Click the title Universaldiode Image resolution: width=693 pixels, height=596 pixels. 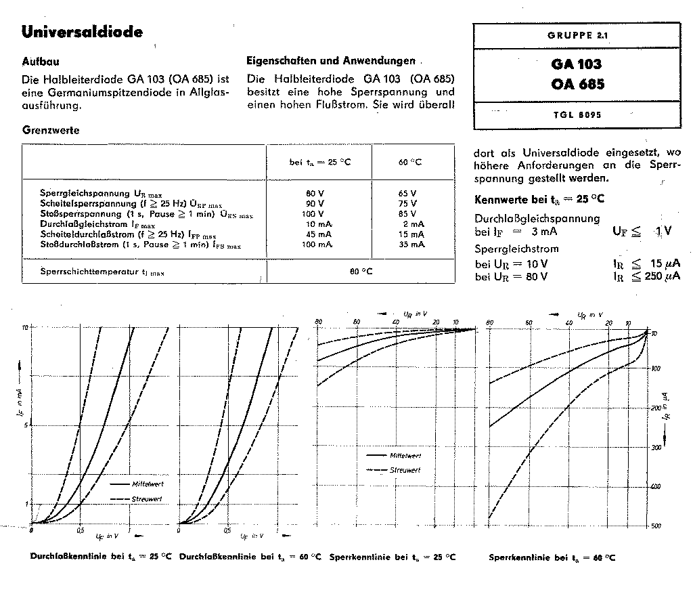(x=82, y=32)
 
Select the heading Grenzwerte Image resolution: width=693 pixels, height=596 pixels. (x=51, y=130)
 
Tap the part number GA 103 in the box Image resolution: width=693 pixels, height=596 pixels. (x=575, y=66)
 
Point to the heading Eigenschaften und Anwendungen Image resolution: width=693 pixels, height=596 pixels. (x=330, y=60)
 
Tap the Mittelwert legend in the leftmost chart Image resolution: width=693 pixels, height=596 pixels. (x=148, y=484)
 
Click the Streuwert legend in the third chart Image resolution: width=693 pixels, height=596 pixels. (x=405, y=469)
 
